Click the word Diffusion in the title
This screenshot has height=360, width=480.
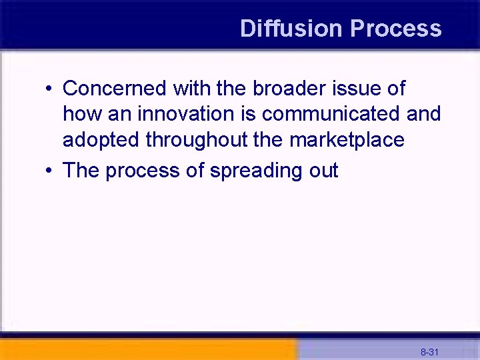tap(291, 29)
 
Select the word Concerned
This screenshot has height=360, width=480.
tap(115, 88)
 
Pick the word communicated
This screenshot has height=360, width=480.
tap(330, 114)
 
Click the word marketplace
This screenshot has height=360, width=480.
tap(347, 140)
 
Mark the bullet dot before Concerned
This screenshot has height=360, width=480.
tap(50, 89)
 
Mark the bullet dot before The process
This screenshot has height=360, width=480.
tap(50, 171)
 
